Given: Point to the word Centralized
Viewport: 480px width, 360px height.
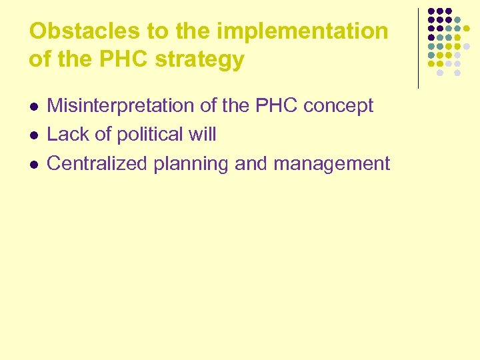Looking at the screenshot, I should (98, 163).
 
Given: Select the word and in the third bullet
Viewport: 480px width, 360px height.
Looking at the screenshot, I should (251, 163).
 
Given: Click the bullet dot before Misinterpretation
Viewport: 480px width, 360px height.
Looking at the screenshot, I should (34, 107).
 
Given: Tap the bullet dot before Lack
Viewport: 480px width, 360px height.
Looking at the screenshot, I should (34, 135).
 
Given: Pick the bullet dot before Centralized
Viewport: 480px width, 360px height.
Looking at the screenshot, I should (34, 165).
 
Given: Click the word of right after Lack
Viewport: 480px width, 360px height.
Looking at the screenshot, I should (103, 134).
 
